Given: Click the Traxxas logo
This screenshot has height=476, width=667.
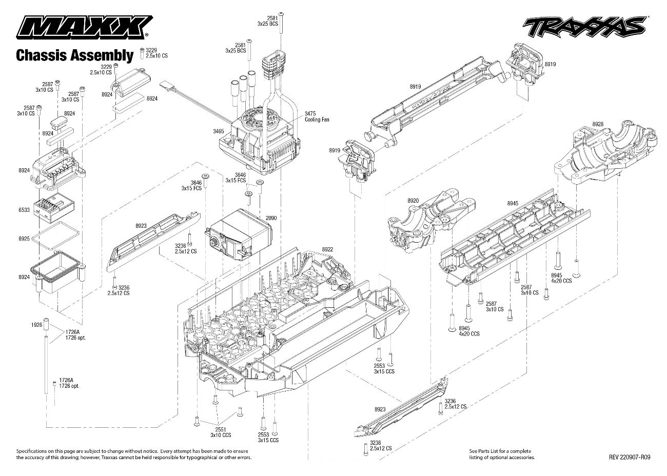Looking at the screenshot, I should (583, 27).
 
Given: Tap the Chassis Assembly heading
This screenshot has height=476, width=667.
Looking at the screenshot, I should (74, 55).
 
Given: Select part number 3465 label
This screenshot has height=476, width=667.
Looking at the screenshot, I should (218, 132).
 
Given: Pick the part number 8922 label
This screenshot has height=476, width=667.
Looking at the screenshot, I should (327, 249).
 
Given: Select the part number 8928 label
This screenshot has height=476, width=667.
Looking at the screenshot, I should (597, 124).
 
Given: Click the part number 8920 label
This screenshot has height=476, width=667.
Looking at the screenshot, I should (413, 200).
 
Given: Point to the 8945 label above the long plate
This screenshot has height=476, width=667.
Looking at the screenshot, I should (513, 203).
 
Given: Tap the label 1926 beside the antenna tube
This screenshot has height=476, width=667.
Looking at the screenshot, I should (36, 325).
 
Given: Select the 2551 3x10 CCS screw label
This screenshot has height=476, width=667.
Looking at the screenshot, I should (221, 432).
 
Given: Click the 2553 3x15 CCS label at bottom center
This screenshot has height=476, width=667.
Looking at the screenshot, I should (268, 437).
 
